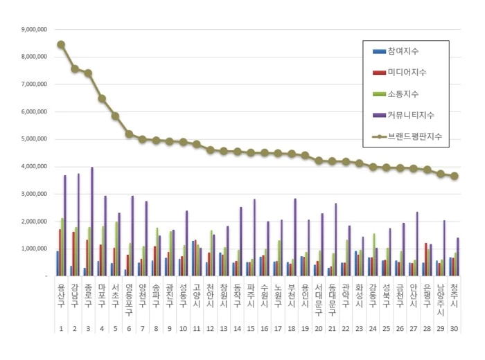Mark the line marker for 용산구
[61, 44]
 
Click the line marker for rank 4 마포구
[102, 98]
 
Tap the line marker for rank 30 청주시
[455, 176]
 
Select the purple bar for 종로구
[92, 222]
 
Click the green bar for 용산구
[62, 246]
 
